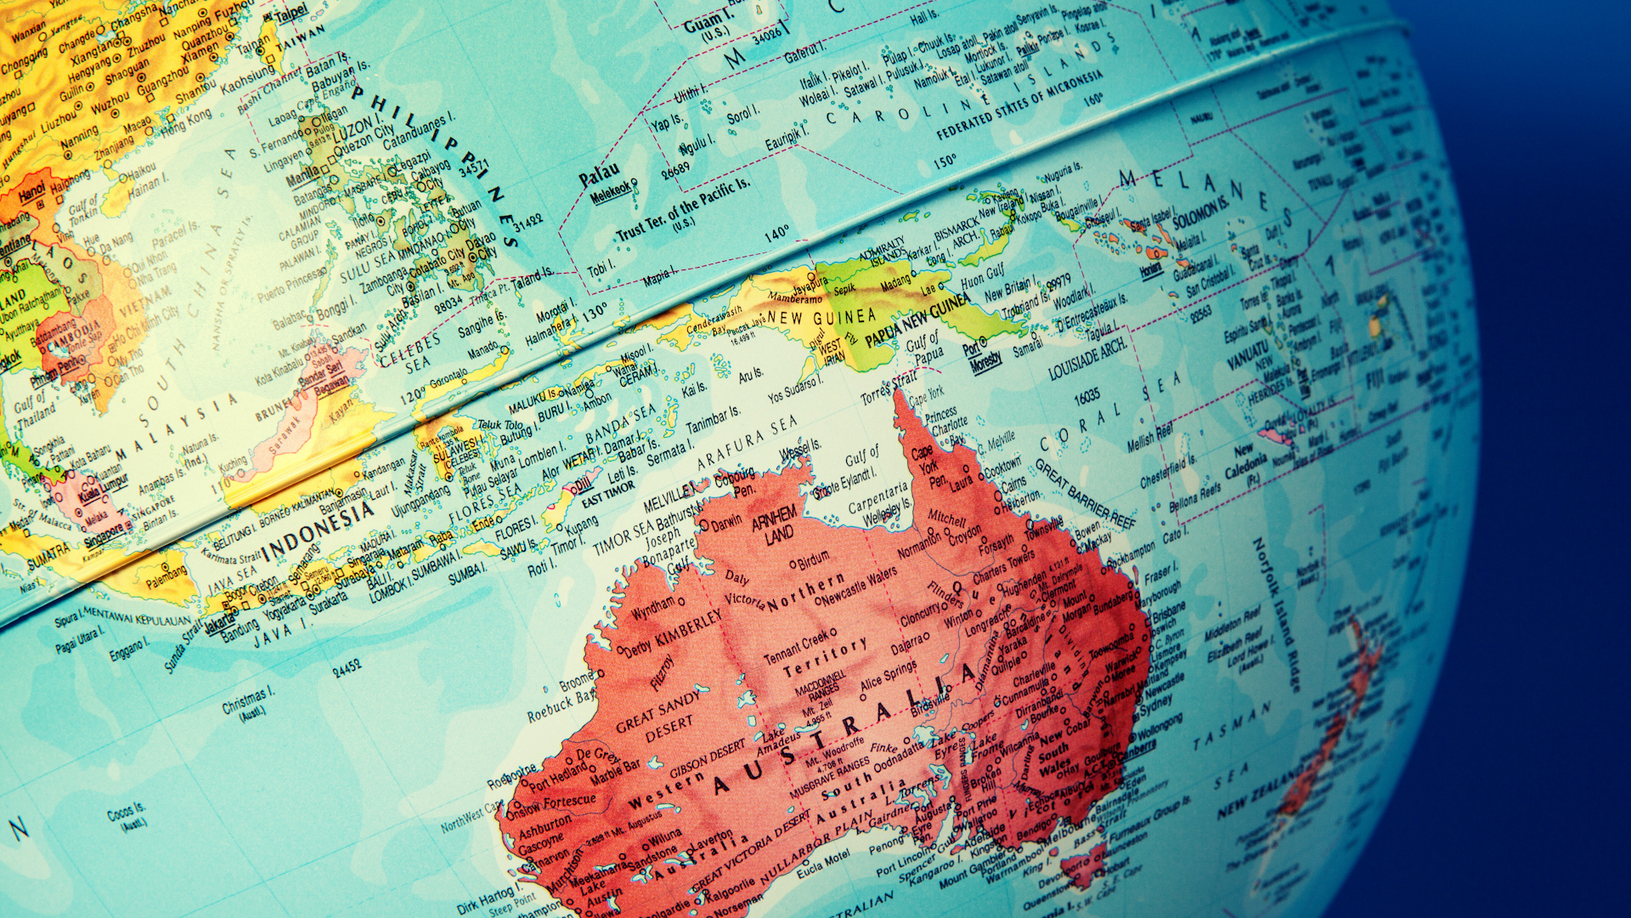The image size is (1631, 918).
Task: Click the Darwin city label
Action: click(x=726, y=524)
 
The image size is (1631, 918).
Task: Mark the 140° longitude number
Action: click(x=776, y=234)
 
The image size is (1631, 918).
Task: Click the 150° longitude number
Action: click(x=945, y=161)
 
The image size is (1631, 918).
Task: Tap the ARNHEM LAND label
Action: click(x=775, y=523)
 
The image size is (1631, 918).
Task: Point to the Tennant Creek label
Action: click(x=796, y=648)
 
